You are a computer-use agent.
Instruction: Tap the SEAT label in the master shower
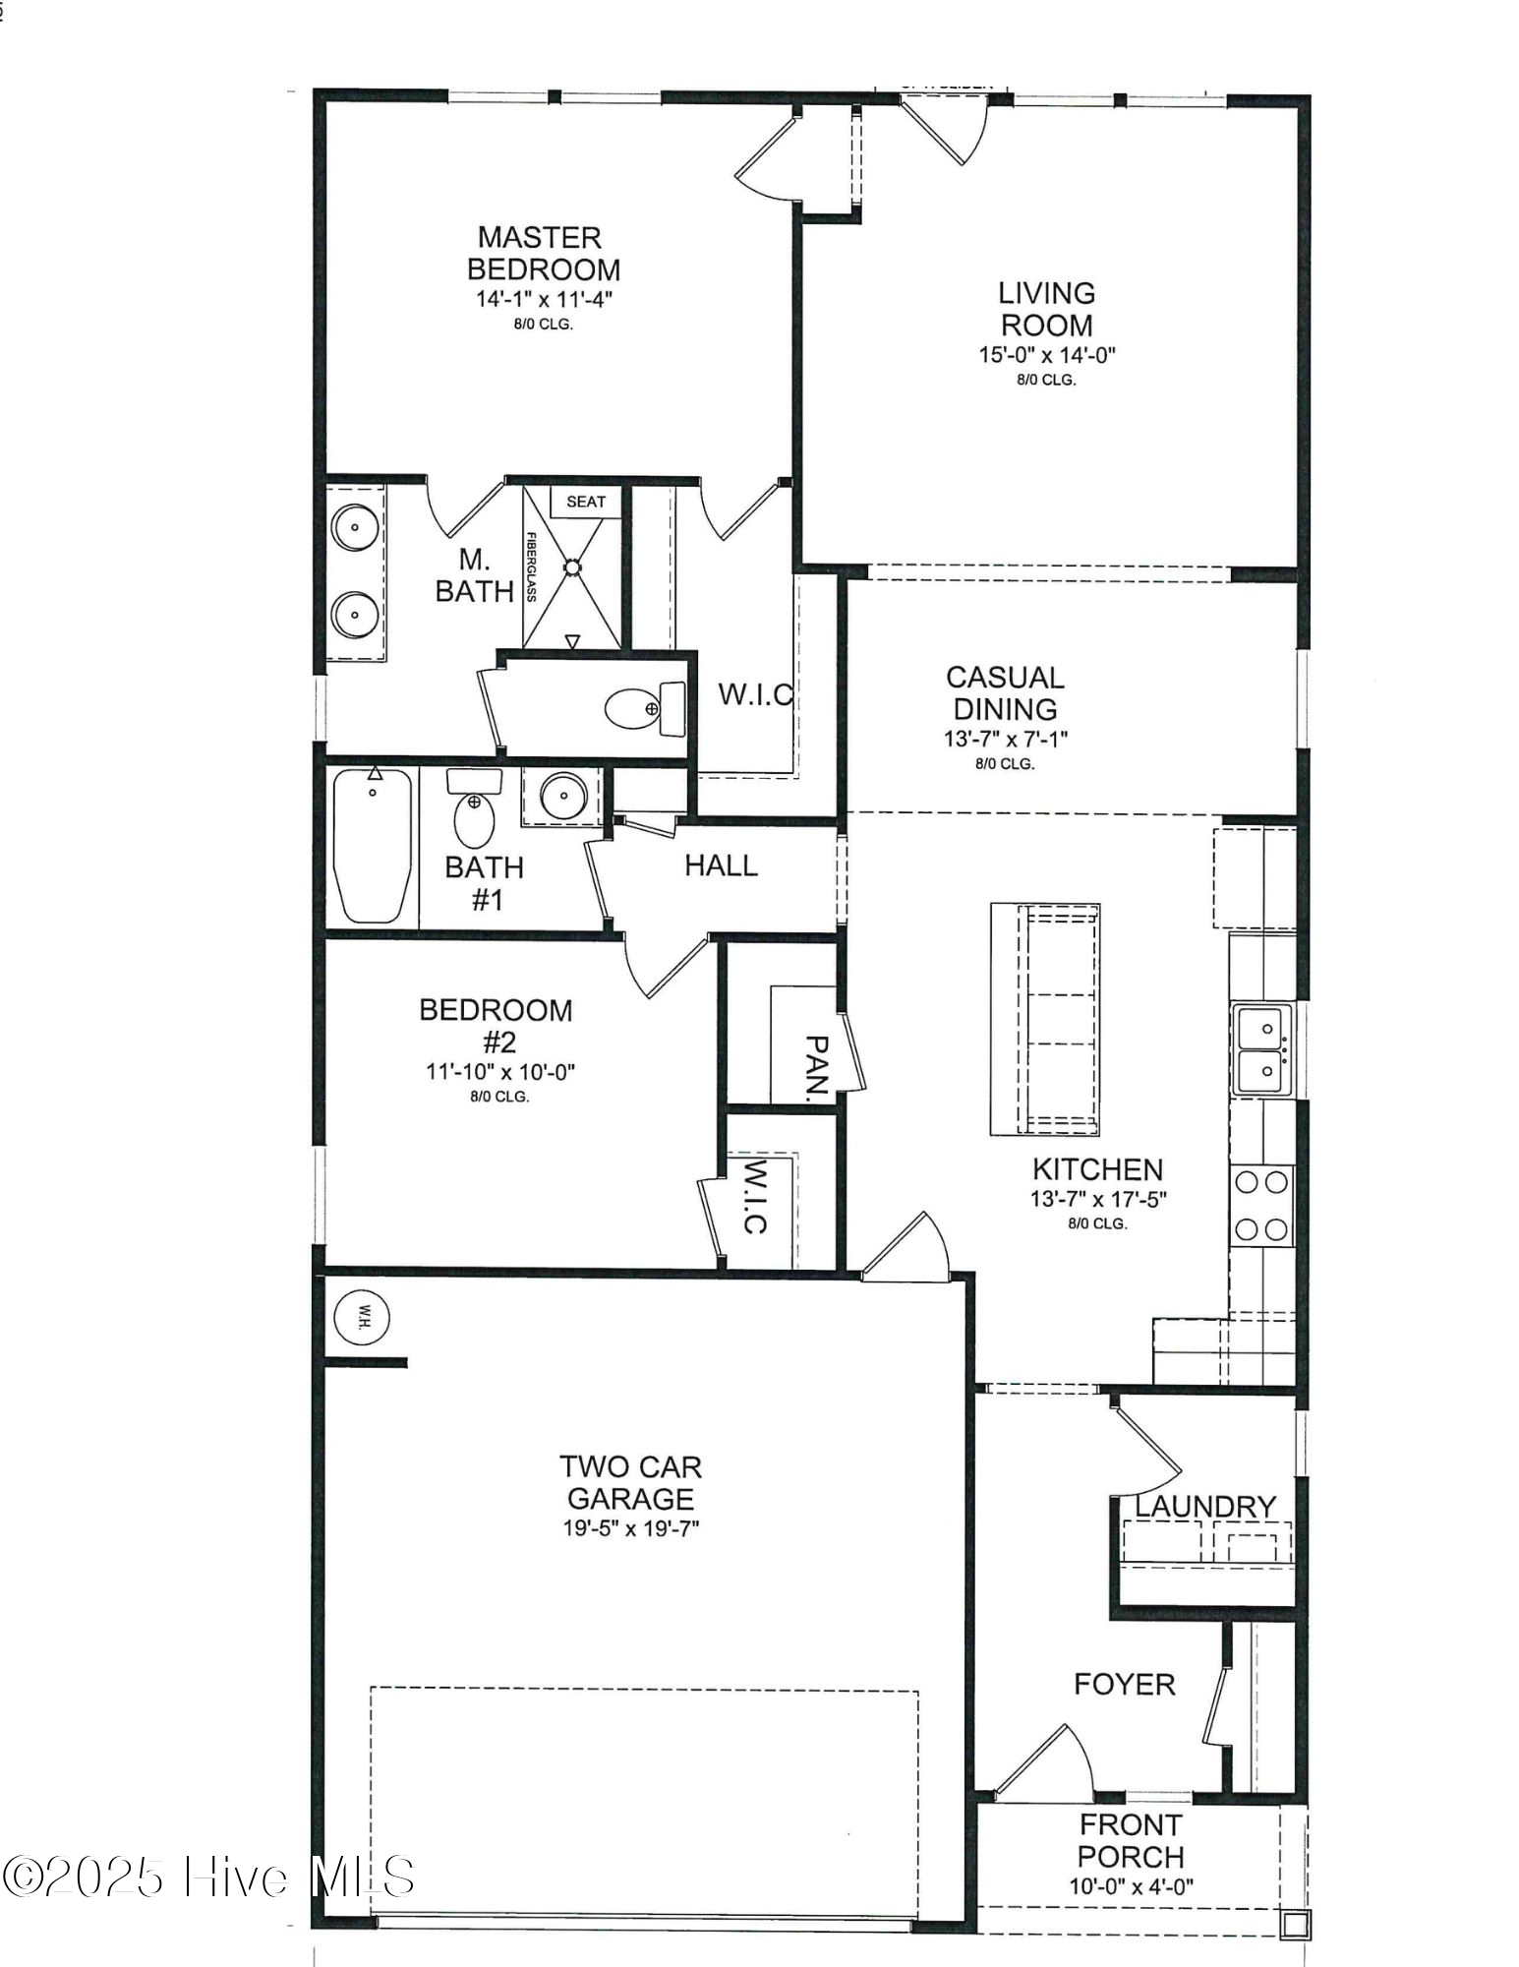(x=586, y=502)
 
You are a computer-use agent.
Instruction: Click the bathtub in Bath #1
(x=372, y=846)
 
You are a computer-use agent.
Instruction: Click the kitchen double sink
(x=1260, y=1049)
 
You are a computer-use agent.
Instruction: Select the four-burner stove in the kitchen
(x=1262, y=1206)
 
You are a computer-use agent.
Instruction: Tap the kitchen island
(x=1045, y=1019)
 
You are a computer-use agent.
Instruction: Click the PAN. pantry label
(x=817, y=1066)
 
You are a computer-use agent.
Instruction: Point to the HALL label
(x=721, y=865)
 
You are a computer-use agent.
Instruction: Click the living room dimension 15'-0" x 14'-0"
(x=1046, y=355)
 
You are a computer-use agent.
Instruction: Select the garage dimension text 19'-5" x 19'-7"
(x=630, y=1528)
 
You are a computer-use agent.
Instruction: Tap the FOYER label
(x=1124, y=1685)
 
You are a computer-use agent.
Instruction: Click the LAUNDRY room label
(x=1204, y=1507)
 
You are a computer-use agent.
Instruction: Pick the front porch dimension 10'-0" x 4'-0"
(x=1131, y=1886)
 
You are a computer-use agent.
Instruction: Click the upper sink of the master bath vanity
(x=353, y=527)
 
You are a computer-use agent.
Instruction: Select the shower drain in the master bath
(x=572, y=567)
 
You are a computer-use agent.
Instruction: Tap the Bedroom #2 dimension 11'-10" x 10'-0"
(x=499, y=1072)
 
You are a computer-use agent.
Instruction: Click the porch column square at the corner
(x=1294, y=1924)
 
